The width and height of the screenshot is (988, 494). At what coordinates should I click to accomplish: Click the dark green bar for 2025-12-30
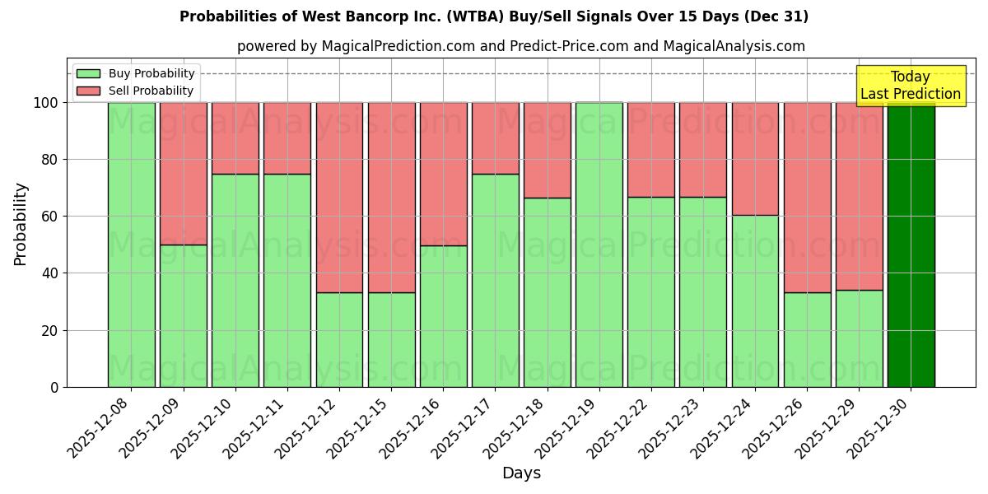[911, 245]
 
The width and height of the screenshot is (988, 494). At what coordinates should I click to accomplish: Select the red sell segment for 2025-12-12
[339, 198]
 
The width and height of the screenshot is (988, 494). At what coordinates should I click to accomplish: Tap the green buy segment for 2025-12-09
[184, 315]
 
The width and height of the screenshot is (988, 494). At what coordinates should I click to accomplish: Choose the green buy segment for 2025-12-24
[755, 301]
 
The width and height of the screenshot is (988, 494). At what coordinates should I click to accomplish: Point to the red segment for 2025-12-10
[235, 138]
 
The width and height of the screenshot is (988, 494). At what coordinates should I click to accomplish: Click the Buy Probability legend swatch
[88, 73]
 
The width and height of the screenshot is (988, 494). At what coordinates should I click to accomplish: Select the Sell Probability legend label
[151, 91]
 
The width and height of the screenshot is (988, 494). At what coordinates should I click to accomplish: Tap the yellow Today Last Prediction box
[910, 86]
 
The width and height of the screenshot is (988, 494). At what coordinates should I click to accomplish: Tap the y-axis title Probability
[21, 223]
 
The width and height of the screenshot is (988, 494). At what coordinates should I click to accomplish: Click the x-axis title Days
[521, 473]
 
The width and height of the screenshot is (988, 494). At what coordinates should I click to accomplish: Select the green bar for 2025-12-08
[132, 245]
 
